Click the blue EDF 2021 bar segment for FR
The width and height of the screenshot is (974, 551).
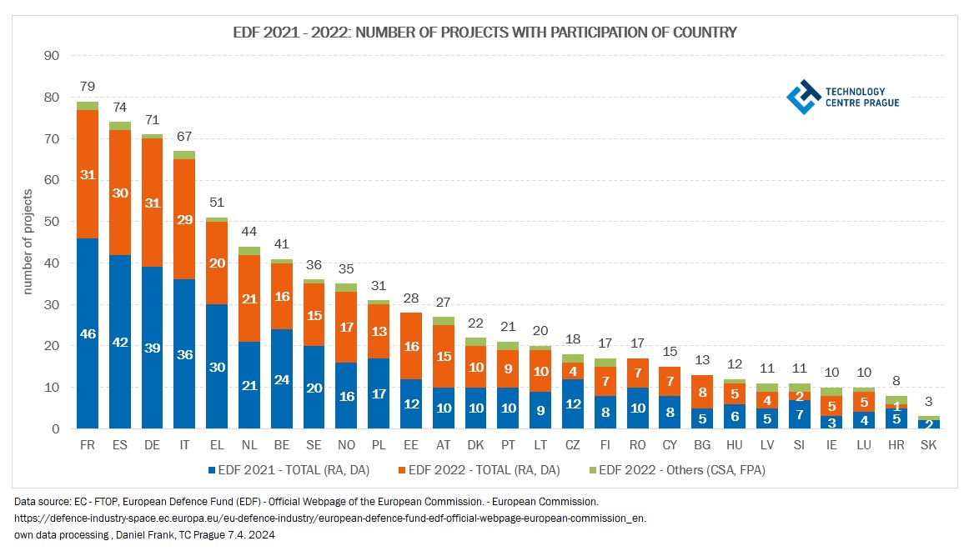88,333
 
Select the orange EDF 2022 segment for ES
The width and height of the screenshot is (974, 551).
120,193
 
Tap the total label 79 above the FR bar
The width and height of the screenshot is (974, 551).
87,87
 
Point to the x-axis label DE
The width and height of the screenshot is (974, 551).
153,446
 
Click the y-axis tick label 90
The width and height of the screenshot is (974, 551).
51,56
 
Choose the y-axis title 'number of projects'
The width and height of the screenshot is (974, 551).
28,243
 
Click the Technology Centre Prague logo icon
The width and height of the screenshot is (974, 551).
803,97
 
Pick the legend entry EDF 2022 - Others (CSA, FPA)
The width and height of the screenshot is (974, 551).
675,470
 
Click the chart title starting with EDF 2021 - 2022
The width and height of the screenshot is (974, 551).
484,33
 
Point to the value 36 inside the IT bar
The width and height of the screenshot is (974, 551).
185,354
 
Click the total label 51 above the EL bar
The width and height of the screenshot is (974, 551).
218,203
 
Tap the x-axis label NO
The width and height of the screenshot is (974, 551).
346,446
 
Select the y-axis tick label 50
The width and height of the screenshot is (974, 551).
51,222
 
